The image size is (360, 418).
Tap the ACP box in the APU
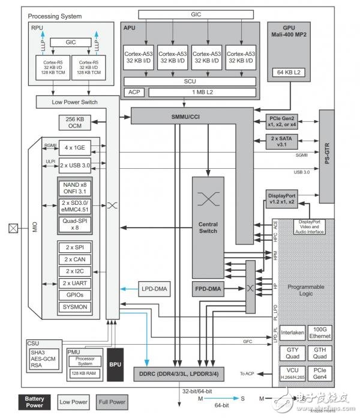(133, 92)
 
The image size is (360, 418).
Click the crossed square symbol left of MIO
(11, 228)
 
